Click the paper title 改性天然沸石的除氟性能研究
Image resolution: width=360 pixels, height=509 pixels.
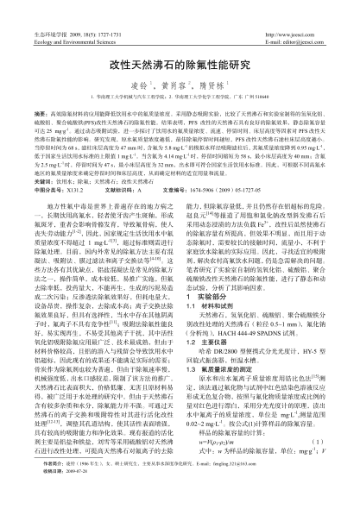180,65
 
